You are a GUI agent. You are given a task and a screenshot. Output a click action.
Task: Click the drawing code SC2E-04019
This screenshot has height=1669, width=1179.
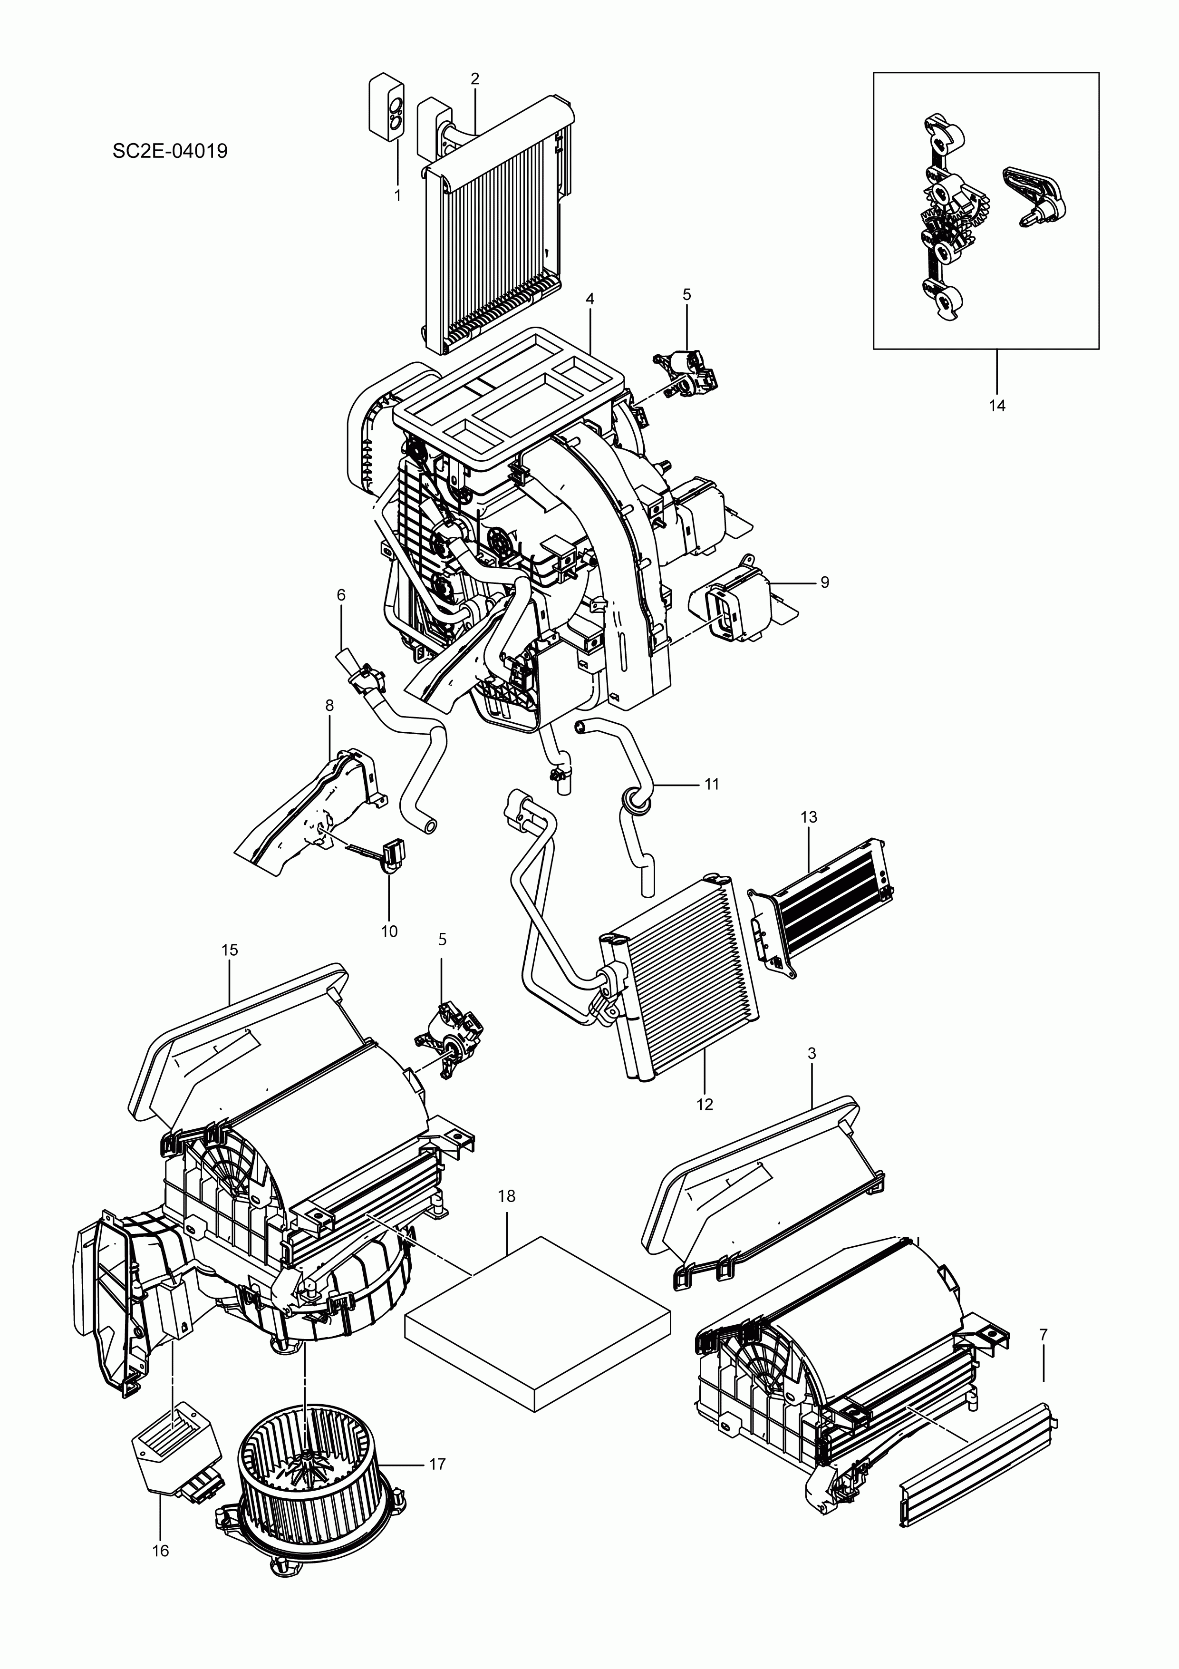coord(170,151)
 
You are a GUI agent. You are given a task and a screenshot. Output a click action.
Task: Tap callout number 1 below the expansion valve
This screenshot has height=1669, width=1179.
coord(397,195)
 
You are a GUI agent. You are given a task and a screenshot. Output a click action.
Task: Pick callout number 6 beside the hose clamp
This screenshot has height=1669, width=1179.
coord(341,595)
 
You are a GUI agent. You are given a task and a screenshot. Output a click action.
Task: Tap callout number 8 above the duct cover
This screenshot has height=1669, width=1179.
coord(329,705)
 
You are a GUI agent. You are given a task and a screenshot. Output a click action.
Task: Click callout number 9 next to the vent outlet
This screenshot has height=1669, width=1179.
coord(824,582)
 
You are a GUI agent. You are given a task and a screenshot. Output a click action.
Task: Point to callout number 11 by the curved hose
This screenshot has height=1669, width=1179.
coord(712,784)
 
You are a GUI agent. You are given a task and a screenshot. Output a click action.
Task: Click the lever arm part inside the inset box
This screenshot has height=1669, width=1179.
coord(1036,195)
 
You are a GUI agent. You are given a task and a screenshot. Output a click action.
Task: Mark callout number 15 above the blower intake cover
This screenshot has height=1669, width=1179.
coord(229,950)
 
